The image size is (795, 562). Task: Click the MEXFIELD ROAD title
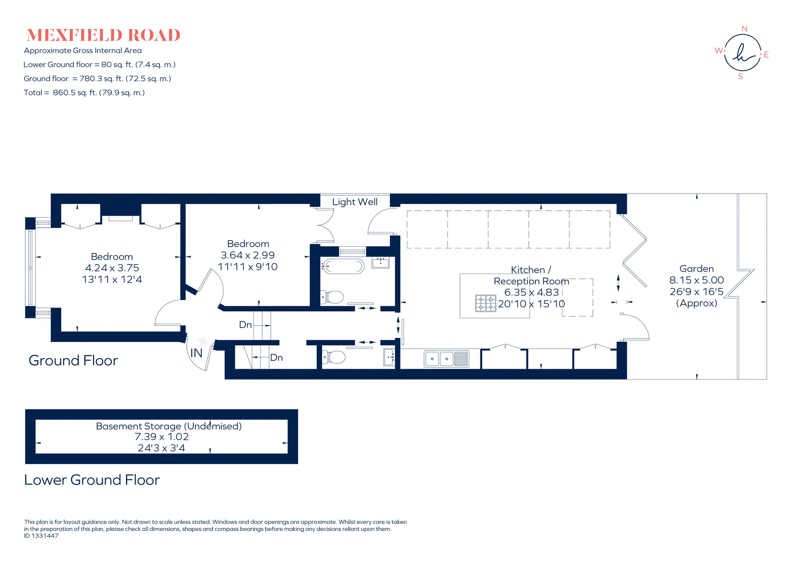104,35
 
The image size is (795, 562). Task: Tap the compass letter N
744,29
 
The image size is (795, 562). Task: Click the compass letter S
740,77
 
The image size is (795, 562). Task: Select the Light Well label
355,202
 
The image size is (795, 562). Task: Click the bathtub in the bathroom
343,267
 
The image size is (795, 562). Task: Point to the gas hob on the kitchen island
486,303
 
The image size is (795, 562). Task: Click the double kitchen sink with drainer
446,359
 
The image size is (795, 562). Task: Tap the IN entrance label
196,353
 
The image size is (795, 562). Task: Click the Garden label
696,269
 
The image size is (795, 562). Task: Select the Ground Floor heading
73,360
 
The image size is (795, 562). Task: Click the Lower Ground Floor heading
92,480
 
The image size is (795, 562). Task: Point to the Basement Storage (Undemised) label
169,426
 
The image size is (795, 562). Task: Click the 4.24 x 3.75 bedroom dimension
112,268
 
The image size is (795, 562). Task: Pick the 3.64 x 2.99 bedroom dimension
248,255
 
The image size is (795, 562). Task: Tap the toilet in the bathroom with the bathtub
333,297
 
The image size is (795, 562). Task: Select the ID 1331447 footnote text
41,536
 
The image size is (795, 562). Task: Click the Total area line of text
84,93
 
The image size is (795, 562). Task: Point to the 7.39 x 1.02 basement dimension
161,437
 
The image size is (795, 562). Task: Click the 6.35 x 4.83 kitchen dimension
531,292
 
